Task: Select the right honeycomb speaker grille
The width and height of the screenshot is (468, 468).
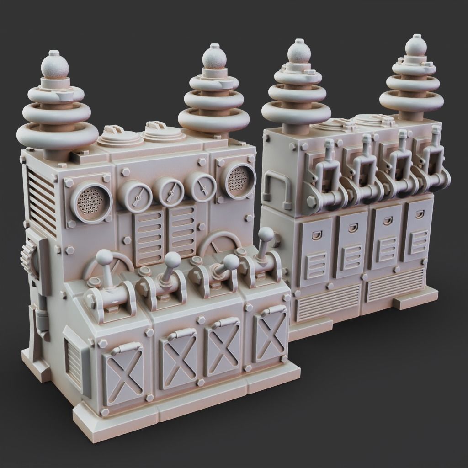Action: [x=239, y=180]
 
